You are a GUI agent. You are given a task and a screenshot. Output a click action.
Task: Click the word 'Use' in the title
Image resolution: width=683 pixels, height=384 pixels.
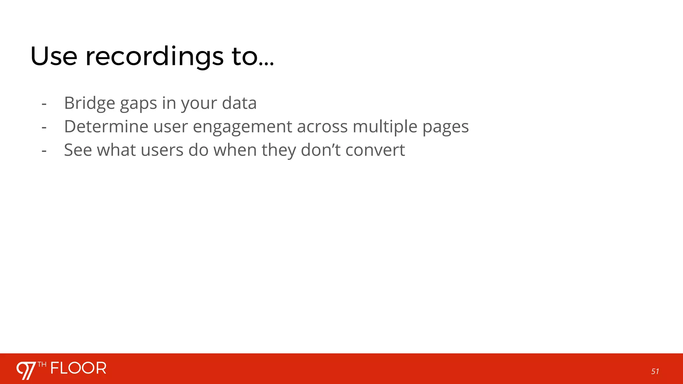point(54,56)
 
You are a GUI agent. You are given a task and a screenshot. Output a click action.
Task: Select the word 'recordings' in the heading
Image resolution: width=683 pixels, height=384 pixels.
point(154,56)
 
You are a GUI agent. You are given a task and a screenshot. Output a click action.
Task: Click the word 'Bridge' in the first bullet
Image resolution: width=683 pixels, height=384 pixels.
point(89,103)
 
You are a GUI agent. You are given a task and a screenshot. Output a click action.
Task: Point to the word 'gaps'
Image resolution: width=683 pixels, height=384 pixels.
point(138,104)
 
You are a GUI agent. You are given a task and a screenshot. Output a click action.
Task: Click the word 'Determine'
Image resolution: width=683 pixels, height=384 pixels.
point(106,127)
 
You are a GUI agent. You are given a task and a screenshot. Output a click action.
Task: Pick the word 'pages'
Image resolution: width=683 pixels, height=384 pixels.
point(446,127)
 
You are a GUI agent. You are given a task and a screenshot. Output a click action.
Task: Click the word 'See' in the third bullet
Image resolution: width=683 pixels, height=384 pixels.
point(78,150)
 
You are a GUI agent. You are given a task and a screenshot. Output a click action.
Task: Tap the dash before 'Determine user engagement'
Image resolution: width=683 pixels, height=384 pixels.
point(44,127)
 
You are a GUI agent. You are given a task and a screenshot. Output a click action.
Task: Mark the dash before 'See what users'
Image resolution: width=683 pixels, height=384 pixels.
point(44,151)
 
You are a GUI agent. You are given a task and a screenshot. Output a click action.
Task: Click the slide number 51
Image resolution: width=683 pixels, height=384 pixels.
point(655,371)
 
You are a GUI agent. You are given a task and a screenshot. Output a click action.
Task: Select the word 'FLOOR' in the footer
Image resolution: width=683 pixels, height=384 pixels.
point(78,368)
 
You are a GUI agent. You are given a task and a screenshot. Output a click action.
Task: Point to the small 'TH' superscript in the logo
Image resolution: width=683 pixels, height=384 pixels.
point(42,364)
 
